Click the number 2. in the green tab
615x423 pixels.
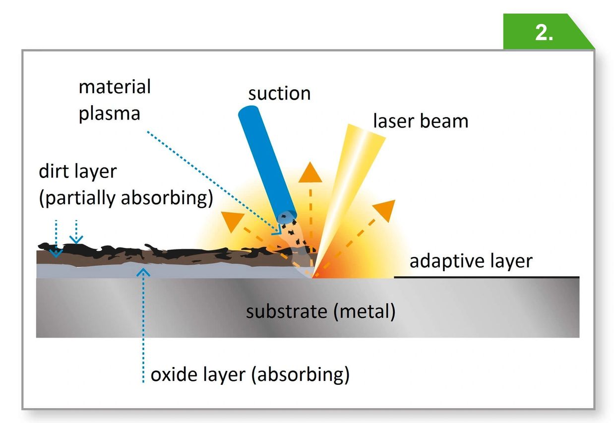[544, 33]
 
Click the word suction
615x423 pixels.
[279, 93]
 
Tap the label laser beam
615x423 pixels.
[421, 121]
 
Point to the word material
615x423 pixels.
[115, 87]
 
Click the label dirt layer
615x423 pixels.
[77, 172]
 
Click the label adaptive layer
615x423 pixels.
[471, 261]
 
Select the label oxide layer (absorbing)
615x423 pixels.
[250, 375]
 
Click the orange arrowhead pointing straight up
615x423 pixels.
[309, 172]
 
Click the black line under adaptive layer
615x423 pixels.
[486, 277]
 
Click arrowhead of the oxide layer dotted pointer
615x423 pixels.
[143, 270]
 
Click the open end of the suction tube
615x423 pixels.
[287, 217]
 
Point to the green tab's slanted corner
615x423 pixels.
[581, 31]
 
